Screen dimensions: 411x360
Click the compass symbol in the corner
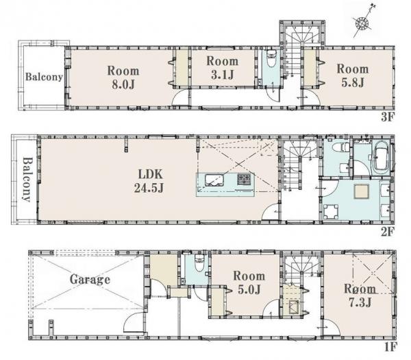coord(362,23)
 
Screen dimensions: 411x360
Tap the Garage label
coord(90,280)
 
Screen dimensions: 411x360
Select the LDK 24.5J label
coord(149,181)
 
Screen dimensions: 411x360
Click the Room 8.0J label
coord(123,77)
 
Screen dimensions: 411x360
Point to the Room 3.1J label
coord(223,68)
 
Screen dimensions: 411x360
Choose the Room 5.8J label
coord(353,75)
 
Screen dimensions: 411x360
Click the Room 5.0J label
coord(249,283)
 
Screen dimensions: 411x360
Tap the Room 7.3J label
coord(360,296)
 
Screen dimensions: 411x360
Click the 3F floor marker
coord(388,117)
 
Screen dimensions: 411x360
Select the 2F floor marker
coord(388,232)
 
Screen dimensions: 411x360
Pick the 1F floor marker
coord(390,347)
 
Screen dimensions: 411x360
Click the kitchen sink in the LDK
coord(214,180)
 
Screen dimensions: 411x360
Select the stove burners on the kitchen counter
coord(244,178)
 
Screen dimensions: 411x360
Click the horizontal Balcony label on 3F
coord(44,77)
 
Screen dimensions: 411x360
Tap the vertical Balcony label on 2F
coord(27,180)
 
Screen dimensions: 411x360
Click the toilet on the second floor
coord(340,147)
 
